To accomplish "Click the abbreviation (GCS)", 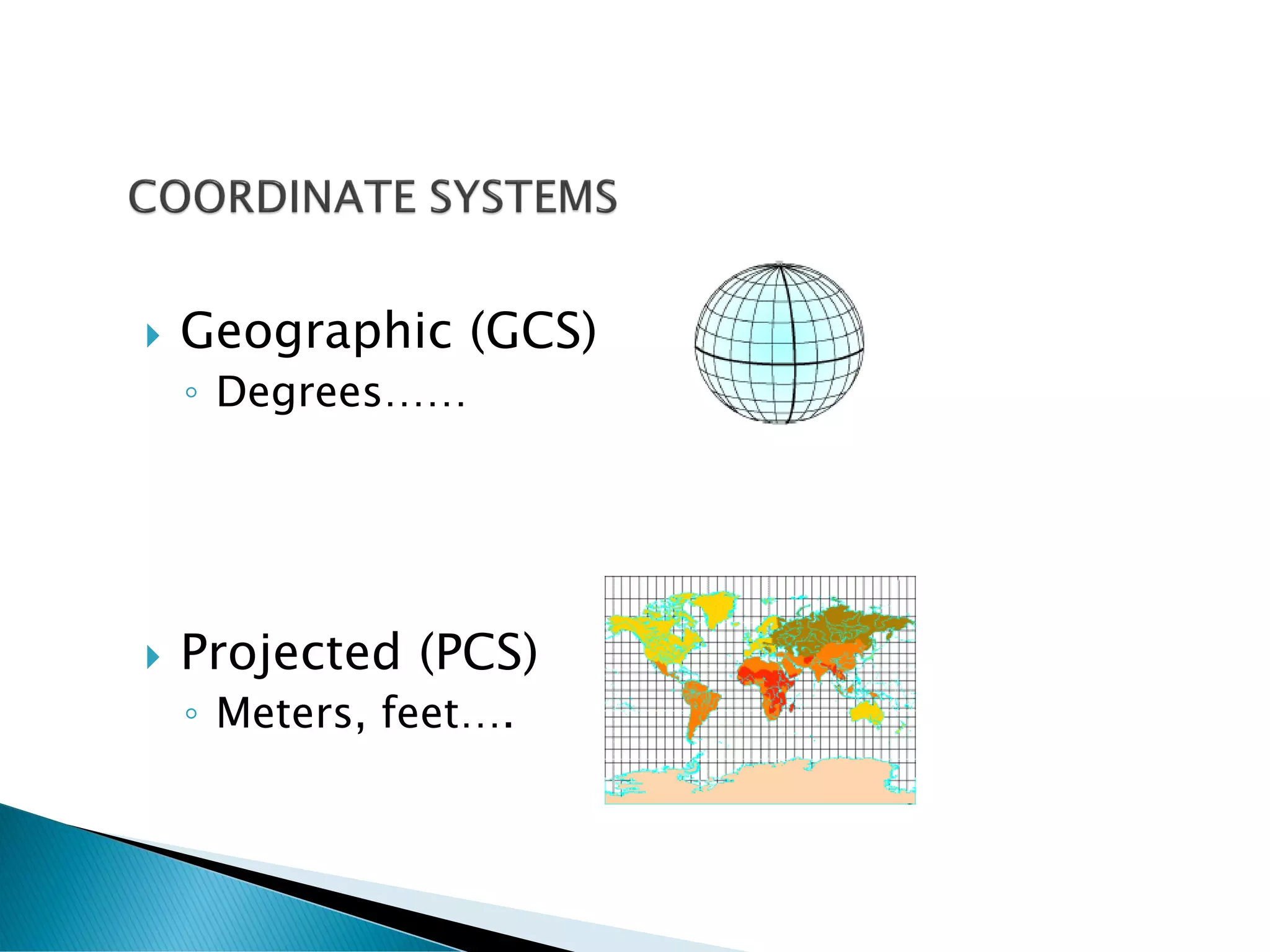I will pyautogui.click(x=533, y=331).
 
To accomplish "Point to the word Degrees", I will pyautogui.click(x=298, y=393).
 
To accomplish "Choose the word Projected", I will pyautogui.click(x=290, y=652).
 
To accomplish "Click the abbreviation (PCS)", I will pyautogui.click(x=478, y=652).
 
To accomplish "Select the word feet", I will pyautogui.click(x=420, y=713).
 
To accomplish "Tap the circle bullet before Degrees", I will pyautogui.click(x=192, y=392).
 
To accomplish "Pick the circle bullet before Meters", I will pyautogui.click(x=192, y=713).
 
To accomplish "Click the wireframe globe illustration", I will pyautogui.click(x=779, y=343).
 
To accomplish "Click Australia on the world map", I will pyautogui.click(x=866, y=713).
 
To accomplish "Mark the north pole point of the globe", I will pyautogui.click(x=779, y=265).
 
